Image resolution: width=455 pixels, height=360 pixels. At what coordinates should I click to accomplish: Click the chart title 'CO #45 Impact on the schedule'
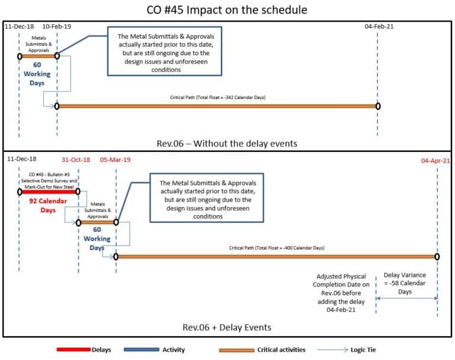pos(227,9)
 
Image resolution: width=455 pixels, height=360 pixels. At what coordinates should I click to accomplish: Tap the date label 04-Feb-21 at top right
pos(377,27)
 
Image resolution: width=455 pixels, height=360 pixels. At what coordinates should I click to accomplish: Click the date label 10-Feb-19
pos(57,27)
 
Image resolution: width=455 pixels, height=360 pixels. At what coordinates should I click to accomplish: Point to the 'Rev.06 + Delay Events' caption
pos(227,327)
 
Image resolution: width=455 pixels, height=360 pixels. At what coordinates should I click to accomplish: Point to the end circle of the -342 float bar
pos(378,106)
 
